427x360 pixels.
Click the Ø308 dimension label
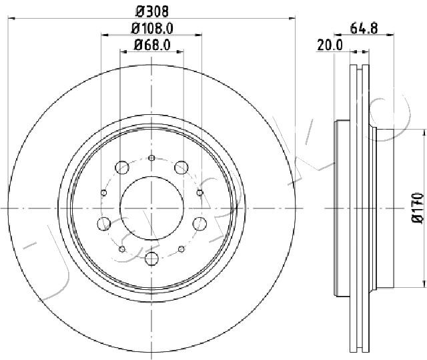coord(152,11)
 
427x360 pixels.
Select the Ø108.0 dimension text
coord(152,28)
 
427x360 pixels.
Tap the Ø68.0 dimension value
coord(152,45)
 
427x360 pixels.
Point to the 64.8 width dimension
coord(364,28)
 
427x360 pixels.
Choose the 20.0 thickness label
coord(330,45)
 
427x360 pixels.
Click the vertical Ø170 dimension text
coord(418,208)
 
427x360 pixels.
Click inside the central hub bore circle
coord(151,208)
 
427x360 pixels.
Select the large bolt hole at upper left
coord(121,168)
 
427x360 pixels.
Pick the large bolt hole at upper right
coord(181,168)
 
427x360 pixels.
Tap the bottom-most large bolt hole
coord(151,258)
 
